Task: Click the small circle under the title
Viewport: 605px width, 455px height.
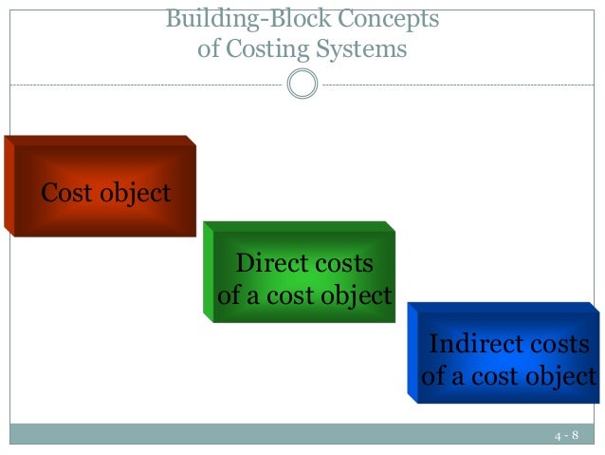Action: tap(302, 84)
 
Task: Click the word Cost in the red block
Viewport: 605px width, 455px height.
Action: tap(66, 194)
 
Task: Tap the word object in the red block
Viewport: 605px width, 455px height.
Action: tap(134, 195)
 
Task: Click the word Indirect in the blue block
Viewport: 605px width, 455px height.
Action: tap(474, 343)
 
